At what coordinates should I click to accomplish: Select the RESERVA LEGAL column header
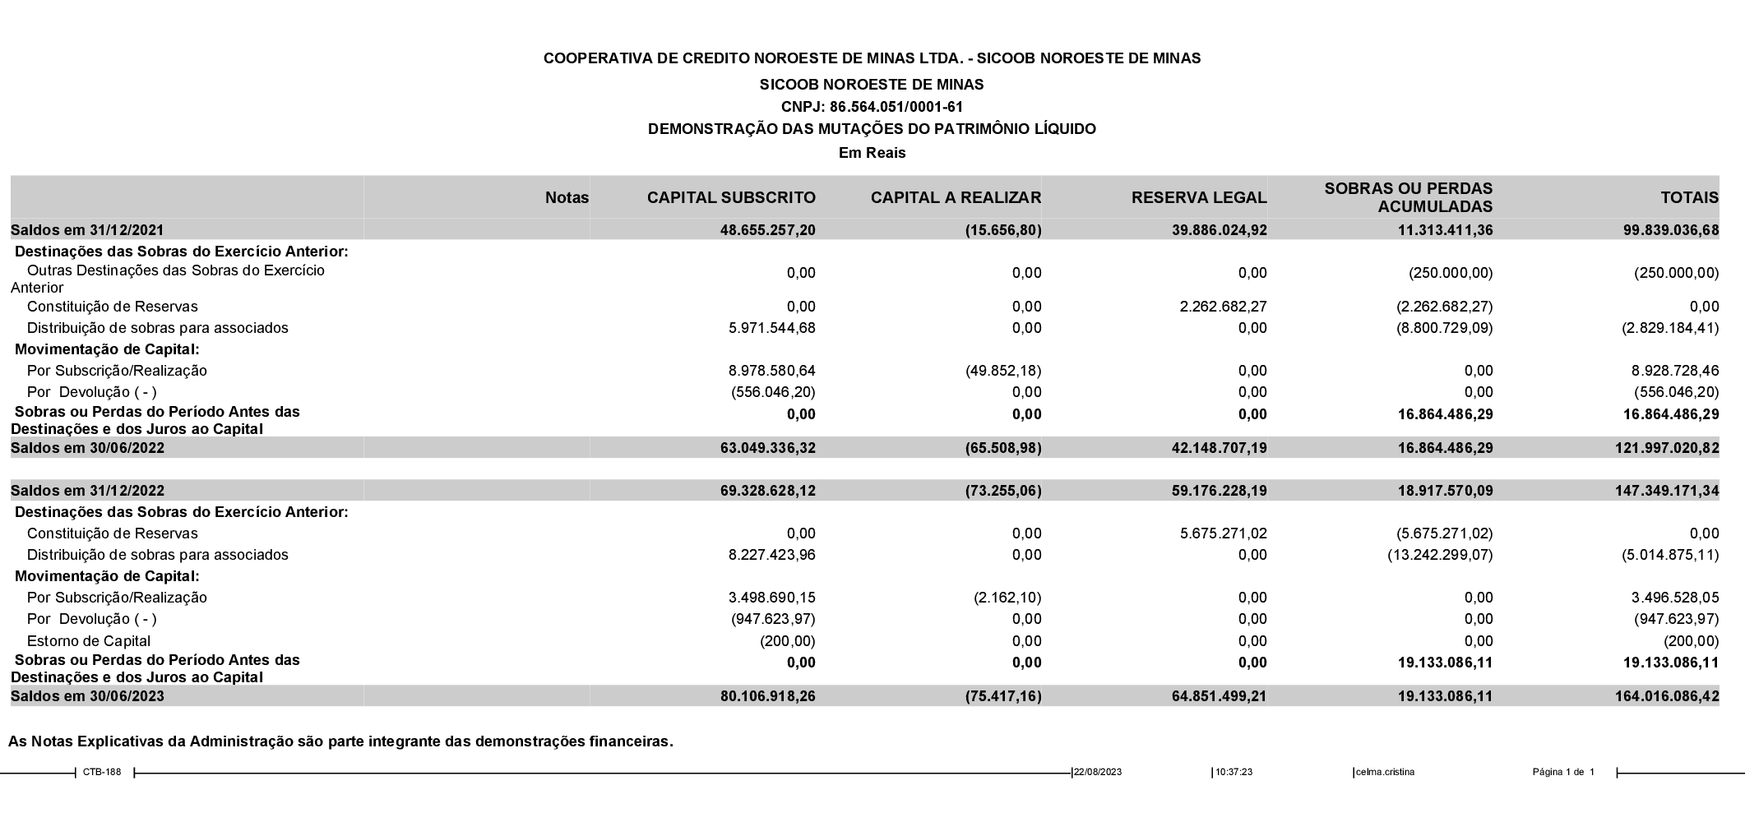click(x=1198, y=197)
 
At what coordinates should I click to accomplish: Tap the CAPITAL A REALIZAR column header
click(x=956, y=197)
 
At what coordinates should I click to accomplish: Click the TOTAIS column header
click(x=1689, y=197)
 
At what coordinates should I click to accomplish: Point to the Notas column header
click(x=567, y=197)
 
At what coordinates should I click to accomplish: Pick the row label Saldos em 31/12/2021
click(x=87, y=230)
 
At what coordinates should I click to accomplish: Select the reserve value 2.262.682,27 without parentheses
click(x=1223, y=307)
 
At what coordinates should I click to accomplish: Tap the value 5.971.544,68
click(x=771, y=328)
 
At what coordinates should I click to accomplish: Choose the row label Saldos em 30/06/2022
click(x=87, y=448)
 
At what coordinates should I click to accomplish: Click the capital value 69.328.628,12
click(x=767, y=491)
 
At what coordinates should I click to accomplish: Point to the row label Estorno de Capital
click(x=88, y=641)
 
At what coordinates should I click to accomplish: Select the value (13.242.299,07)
click(x=1440, y=555)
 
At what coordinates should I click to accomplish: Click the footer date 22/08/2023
click(x=1098, y=772)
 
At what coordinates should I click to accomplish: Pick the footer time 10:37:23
click(x=1234, y=772)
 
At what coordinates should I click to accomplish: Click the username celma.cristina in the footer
click(x=1385, y=772)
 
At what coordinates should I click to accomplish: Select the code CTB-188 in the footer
click(x=102, y=772)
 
